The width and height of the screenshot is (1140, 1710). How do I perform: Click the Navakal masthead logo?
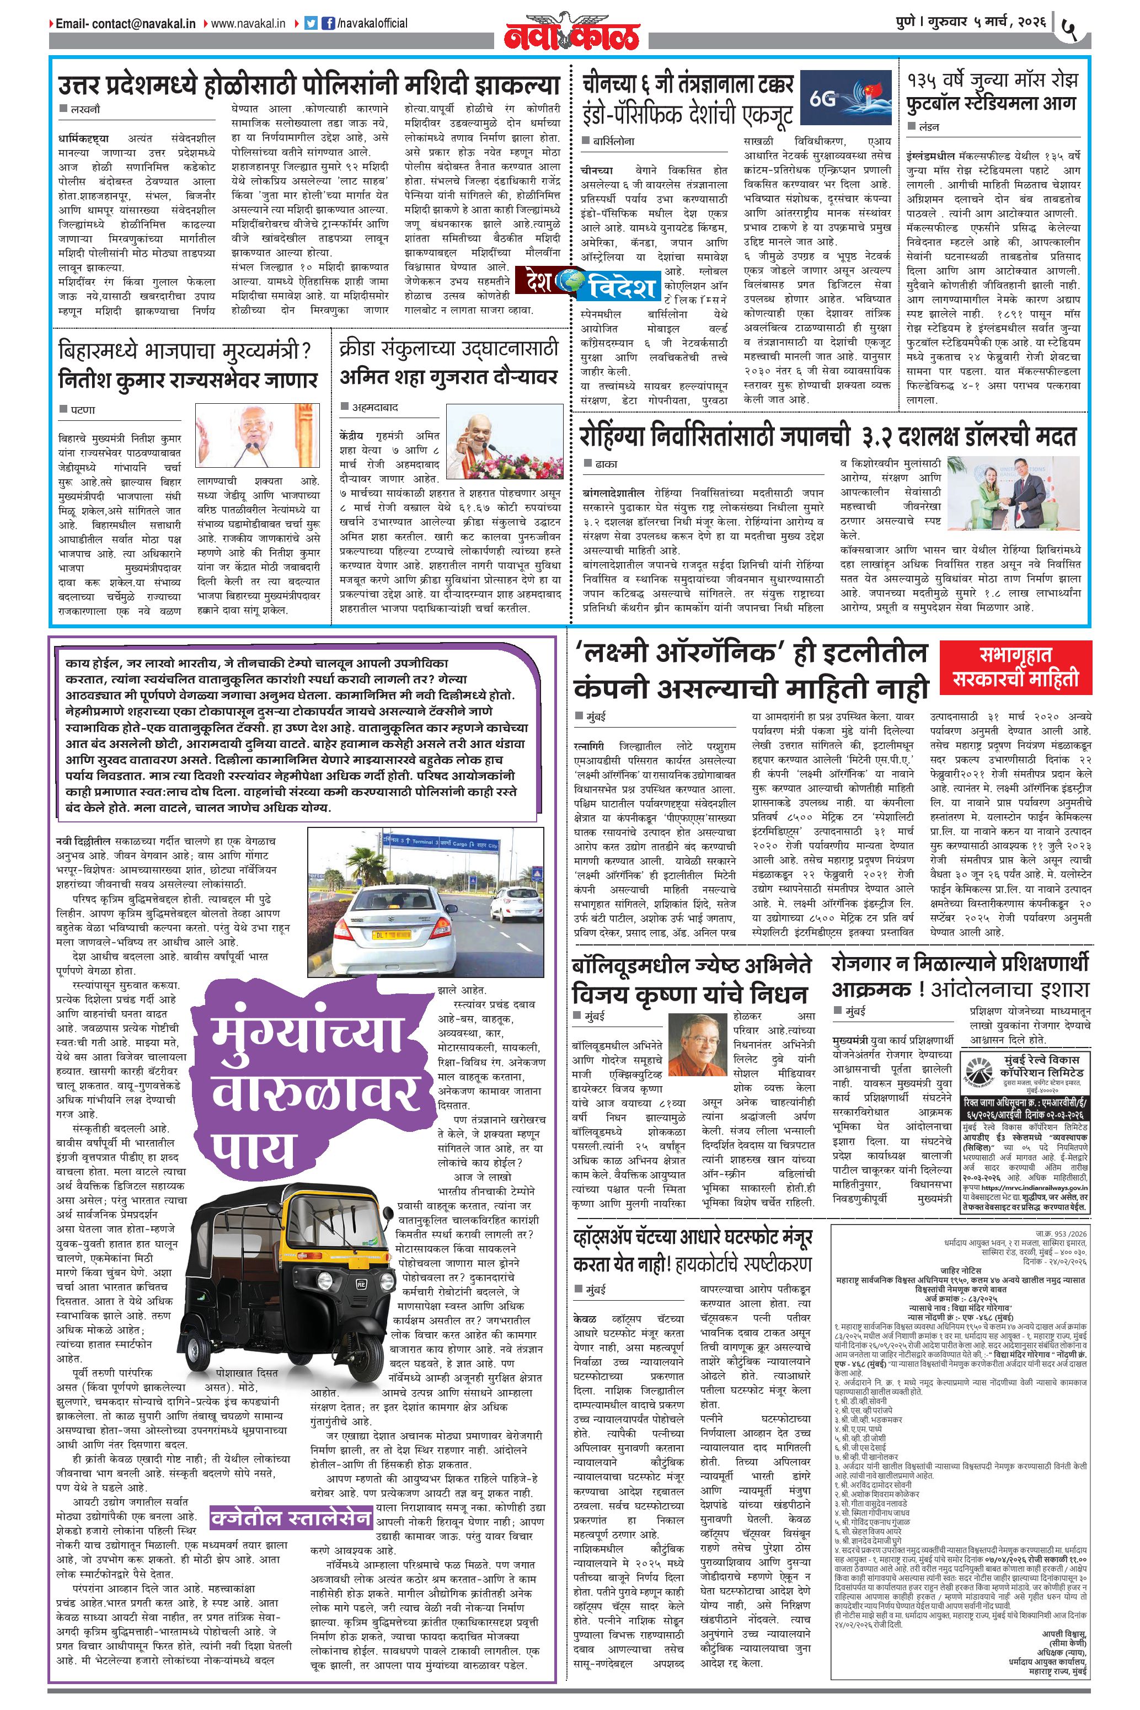[573, 33]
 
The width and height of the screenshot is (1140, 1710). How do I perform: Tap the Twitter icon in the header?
[311, 23]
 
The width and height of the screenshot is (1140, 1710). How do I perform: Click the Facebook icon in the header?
[328, 23]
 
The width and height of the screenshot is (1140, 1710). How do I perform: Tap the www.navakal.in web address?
[247, 23]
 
